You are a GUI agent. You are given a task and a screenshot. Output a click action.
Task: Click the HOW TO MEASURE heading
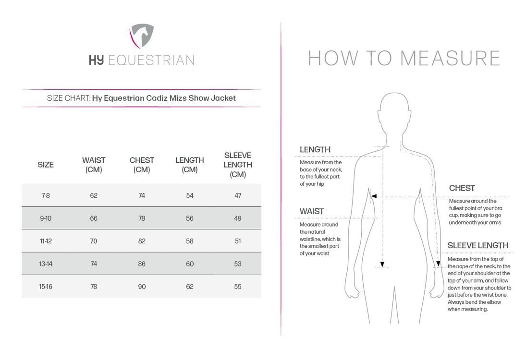(404, 58)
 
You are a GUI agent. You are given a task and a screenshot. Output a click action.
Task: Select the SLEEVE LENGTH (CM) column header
(238, 165)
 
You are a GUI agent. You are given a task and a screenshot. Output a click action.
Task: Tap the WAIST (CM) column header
(94, 165)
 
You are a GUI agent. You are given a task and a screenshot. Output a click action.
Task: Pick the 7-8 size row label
(46, 195)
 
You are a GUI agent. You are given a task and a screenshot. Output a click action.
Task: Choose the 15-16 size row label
(46, 287)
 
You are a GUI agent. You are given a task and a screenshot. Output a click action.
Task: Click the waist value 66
(94, 218)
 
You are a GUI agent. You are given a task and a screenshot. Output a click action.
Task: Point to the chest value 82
(142, 241)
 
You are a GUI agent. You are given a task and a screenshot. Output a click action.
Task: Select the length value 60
(190, 264)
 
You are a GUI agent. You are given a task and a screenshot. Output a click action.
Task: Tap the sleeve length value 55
(238, 287)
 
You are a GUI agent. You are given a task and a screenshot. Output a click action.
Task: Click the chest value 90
(142, 287)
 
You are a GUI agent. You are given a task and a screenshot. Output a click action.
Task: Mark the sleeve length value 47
(238, 195)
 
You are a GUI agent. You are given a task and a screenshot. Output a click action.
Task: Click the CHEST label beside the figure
(462, 188)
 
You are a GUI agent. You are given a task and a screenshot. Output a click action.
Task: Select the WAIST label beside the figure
(312, 211)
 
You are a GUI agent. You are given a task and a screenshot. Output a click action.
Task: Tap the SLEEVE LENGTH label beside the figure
(477, 245)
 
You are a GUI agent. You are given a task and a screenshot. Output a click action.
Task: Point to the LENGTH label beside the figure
(315, 150)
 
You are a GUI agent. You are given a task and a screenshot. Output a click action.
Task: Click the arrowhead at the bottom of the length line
(382, 264)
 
